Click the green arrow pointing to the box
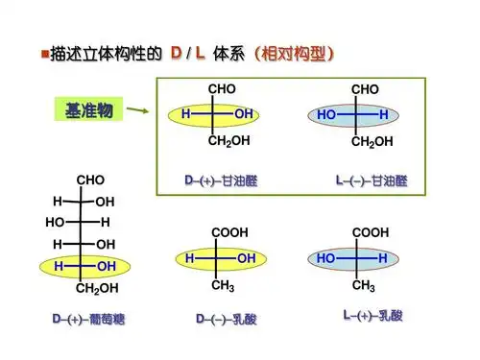138,112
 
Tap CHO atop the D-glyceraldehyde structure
222,88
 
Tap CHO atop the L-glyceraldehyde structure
365,88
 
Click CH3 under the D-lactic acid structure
223,285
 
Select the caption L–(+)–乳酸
371,314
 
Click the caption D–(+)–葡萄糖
89,318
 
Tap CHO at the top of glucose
90,180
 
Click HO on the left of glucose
54,222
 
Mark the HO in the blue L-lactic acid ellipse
326,258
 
